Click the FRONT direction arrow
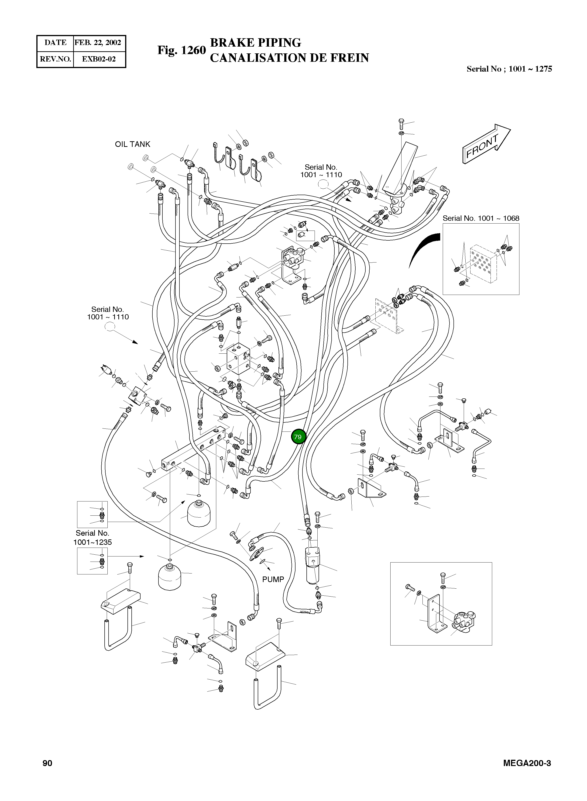pyautogui.click(x=486, y=144)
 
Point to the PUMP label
pyautogui.click(x=273, y=579)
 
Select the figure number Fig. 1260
pyautogui.click(x=182, y=50)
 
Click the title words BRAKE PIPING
pyautogui.click(x=255, y=43)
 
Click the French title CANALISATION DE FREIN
pyautogui.click(x=289, y=58)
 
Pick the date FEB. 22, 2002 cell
pyautogui.click(x=98, y=43)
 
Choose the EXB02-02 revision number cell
pyautogui.click(x=99, y=59)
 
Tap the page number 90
pyautogui.click(x=47, y=763)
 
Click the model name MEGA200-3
pyautogui.click(x=527, y=763)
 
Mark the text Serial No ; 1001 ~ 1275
pyautogui.click(x=509, y=69)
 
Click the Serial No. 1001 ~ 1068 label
pyautogui.click(x=481, y=218)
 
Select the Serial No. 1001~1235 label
pyautogui.click(x=92, y=538)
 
